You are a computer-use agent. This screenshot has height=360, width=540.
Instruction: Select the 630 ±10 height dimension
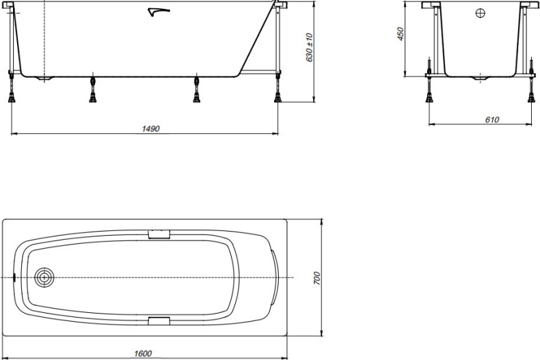point(309,48)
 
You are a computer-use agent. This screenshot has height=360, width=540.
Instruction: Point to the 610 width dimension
point(491,120)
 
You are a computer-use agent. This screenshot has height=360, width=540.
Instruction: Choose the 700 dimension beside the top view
point(317,278)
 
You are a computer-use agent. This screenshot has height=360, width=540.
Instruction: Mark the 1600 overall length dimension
point(143,353)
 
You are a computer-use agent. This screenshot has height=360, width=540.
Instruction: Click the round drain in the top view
point(45,278)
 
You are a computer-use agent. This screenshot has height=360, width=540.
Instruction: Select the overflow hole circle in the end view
point(480,13)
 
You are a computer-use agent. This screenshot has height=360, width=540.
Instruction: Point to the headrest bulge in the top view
point(273,278)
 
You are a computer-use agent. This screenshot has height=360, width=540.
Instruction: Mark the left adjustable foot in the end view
point(429,92)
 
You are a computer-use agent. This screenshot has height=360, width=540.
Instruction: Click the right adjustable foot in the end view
point(531,92)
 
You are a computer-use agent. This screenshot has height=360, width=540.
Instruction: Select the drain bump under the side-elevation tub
point(45,79)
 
